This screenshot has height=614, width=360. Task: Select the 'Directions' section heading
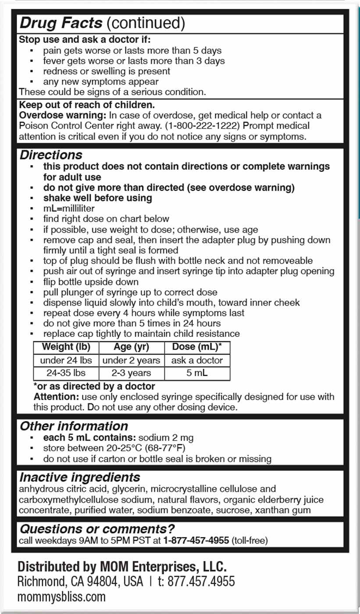click(51, 155)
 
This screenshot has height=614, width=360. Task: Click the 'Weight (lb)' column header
click(66, 347)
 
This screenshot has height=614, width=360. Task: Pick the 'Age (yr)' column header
click(132, 347)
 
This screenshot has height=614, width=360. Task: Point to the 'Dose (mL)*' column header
click(197, 347)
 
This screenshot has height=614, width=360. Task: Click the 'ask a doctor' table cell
click(197, 361)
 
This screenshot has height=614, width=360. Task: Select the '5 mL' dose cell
click(197, 373)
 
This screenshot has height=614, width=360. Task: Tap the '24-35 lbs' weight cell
click(66, 373)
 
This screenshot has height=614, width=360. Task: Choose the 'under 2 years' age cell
click(132, 361)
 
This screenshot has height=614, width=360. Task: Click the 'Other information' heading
click(74, 426)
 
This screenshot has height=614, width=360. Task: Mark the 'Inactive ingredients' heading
click(80, 477)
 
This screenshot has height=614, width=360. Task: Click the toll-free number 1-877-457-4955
click(196, 541)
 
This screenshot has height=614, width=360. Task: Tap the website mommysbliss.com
click(61, 597)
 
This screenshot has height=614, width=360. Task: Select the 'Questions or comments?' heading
click(97, 528)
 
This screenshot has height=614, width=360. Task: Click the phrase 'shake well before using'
click(97, 198)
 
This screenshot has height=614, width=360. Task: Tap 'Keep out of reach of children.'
click(86, 106)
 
